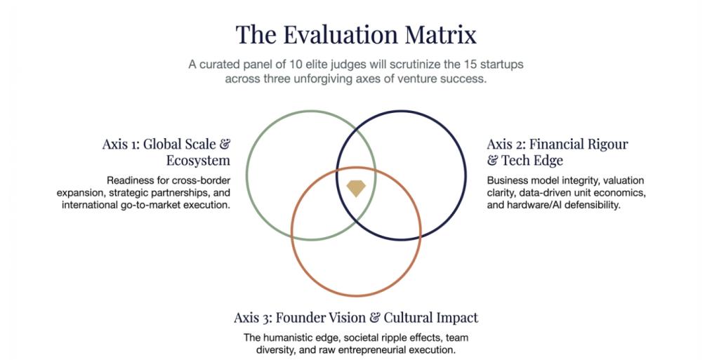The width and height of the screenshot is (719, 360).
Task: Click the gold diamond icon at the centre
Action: point(356,188)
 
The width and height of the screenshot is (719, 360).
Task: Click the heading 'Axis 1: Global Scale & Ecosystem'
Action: point(166,152)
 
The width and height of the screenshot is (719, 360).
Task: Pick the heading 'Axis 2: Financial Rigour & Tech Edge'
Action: point(558,152)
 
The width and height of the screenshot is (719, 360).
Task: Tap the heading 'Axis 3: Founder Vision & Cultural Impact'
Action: point(356,317)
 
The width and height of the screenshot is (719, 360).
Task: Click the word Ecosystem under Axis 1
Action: point(198,160)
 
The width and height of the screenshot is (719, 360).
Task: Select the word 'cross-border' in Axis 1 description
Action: point(202,180)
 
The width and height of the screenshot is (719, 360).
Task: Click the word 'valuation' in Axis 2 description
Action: point(624,180)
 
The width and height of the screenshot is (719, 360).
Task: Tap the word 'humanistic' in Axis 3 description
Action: point(288,338)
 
